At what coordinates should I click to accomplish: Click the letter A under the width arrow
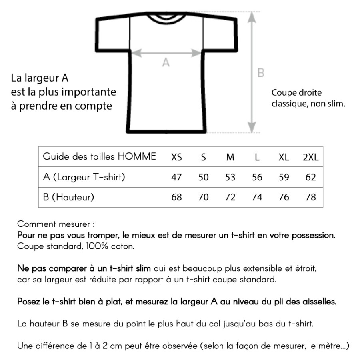[x=166, y=63]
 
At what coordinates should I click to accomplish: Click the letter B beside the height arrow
[x=260, y=73]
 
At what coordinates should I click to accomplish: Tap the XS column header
[x=176, y=157]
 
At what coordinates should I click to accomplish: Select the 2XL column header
[x=310, y=157]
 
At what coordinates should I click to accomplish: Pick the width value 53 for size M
[x=230, y=177]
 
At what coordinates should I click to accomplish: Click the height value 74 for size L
[x=257, y=197]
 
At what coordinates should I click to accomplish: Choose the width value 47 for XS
[x=176, y=177]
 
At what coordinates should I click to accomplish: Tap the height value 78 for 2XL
[x=310, y=197]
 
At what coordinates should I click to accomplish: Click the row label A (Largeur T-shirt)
[x=84, y=177]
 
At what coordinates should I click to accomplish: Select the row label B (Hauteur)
[x=68, y=197]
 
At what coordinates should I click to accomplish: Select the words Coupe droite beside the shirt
[x=296, y=93]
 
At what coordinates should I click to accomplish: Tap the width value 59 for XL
[x=284, y=177]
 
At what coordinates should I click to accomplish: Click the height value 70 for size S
[x=204, y=197]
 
